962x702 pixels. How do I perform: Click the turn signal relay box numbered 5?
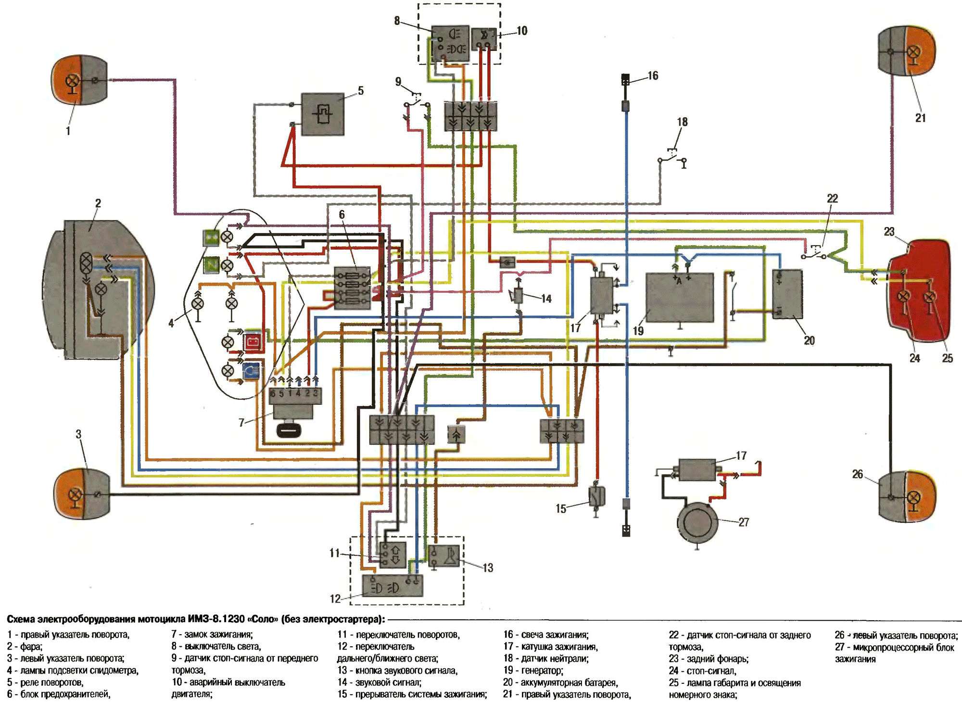(323, 114)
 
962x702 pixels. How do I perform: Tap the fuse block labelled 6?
(353, 288)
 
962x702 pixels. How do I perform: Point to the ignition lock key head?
(289, 429)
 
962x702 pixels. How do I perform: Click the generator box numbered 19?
(679, 298)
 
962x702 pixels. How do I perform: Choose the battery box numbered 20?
(787, 294)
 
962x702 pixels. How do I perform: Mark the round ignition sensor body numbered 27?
(697, 523)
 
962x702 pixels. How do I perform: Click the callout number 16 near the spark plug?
(653, 75)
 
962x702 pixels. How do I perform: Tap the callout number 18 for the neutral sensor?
(682, 122)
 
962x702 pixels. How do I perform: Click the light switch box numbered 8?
(450, 43)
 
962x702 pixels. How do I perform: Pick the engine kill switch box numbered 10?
(484, 39)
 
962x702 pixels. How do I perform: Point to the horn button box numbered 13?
(444, 555)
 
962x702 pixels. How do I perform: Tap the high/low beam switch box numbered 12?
(392, 586)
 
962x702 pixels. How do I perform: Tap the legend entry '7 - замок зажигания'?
(212, 635)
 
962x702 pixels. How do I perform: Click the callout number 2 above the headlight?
(98, 203)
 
